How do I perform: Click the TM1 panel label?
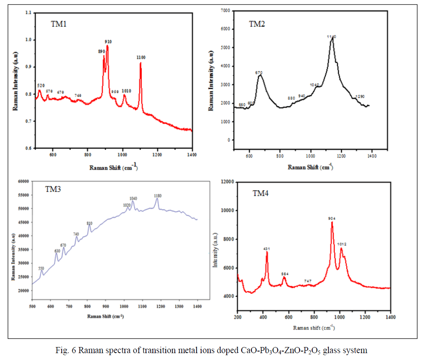pyautogui.click(x=58, y=24)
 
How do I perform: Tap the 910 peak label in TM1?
pyautogui.click(x=108, y=42)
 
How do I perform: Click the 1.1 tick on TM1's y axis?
pyautogui.click(x=28, y=13)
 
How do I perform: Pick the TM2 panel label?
pyautogui.click(x=257, y=24)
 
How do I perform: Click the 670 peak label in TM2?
pyautogui.click(x=259, y=72)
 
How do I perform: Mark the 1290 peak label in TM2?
pyautogui.click(x=360, y=97)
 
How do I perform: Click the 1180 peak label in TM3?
pyautogui.click(x=158, y=196)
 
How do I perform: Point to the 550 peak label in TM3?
pyautogui.click(x=41, y=268)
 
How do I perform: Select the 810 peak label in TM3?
pyautogui.click(x=89, y=223)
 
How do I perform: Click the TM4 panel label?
pyautogui.click(x=261, y=194)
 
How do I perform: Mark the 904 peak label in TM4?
pyautogui.click(x=332, y=218)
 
